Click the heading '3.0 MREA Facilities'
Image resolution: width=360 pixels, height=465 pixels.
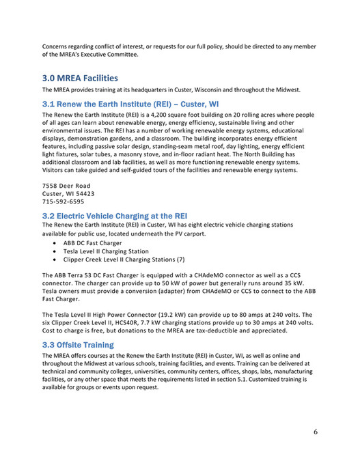point(79,78)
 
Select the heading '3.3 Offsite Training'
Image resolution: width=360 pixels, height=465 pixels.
point(78,345)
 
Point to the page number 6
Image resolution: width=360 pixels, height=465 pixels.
point(316,432)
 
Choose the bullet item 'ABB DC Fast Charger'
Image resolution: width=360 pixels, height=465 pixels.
point(93,242)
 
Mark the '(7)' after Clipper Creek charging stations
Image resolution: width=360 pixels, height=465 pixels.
point(180,260)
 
